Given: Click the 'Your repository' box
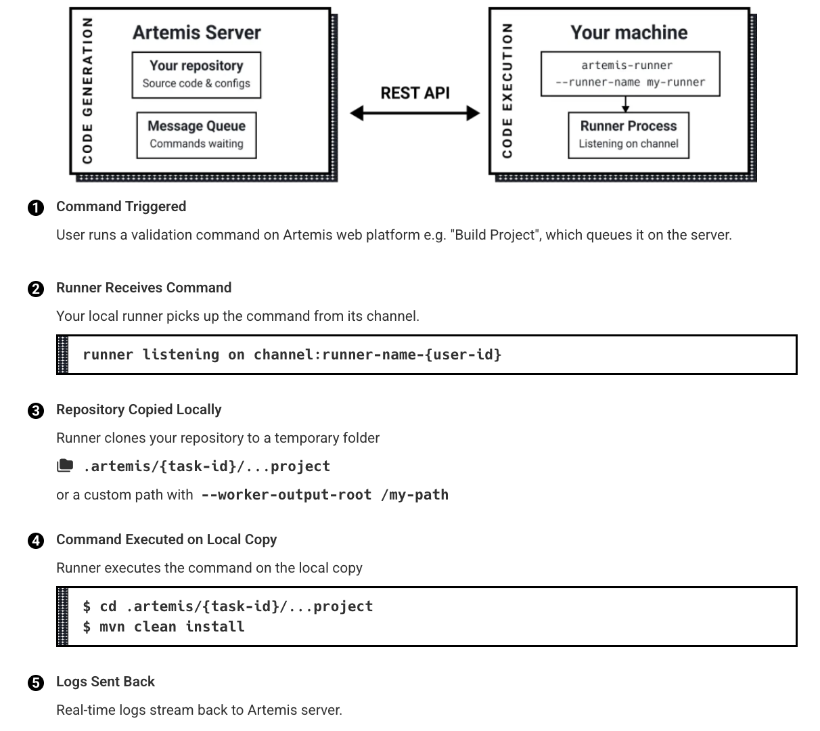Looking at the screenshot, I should point(196,75).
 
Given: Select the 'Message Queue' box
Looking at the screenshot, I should point(196,135).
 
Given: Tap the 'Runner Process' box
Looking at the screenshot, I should point(628,135).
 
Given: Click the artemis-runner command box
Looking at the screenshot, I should point(629,74).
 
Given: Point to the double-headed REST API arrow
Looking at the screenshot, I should point(414,113).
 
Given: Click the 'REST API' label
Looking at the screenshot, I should point(415,93).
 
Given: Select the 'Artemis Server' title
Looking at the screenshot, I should point(196,32).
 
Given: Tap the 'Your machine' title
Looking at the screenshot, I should point(629,32).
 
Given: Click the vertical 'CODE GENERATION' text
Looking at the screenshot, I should point(87,91).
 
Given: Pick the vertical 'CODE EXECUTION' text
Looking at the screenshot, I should point(507,91).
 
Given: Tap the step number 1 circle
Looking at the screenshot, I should point(36,208).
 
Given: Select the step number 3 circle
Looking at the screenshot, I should point(36,411).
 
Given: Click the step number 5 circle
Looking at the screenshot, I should point(36,683).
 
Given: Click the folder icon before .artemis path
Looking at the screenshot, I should point(65,466).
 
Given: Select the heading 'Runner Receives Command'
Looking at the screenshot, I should point(143,288).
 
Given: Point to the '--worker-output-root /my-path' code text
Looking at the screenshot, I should point(325,495).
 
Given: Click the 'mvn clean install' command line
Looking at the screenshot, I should point(164,627).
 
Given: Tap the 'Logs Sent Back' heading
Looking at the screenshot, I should point(106,682).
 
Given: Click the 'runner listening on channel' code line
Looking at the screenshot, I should point(292,355).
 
